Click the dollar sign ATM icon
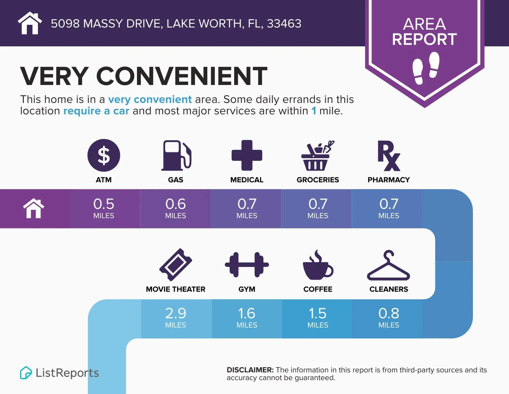104,155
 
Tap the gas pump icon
176,155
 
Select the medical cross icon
247,155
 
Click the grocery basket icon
318,156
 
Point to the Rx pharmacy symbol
388,155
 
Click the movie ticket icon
176,265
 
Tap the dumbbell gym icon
247,265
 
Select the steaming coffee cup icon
318,265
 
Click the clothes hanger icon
388,266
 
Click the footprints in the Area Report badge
426,68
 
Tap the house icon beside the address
30,23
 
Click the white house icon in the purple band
34,209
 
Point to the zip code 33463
284,24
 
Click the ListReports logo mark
26,373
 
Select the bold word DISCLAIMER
250,370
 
